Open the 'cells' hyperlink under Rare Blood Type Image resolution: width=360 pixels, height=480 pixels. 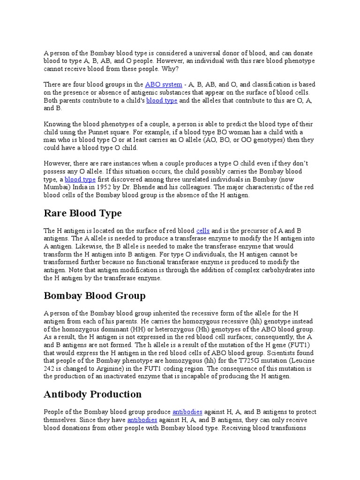click(203, 231)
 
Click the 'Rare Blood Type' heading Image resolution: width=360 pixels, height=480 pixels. click(82, 213)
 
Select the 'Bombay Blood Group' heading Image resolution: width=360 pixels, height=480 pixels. click(95, 296)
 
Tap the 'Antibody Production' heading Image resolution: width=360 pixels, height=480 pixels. click(92, 394)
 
